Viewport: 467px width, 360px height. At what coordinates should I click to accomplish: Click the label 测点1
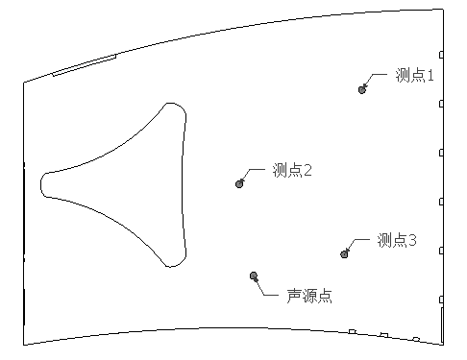[x=415, y=75]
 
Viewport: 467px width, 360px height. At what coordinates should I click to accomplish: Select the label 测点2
[x=292, y=170]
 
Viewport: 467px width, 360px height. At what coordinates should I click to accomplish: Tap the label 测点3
[x=396, y=240]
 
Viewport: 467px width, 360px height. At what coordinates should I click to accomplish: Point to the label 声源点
[x=309, y=296]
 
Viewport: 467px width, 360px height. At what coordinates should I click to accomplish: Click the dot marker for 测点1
[x=362, y=89]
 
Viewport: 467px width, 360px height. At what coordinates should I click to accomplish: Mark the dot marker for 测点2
[x=240, y=183]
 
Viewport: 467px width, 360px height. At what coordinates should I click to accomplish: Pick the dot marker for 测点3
[x=344, y=253]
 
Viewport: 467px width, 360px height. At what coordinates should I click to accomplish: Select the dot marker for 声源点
[x=254, y=276]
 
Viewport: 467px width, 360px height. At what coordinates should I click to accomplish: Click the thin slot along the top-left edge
[x=84, y=64]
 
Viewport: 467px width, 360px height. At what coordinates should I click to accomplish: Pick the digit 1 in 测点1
[x=431, y=75]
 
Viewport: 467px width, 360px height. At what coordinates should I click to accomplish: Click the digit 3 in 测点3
[x=411, y=240]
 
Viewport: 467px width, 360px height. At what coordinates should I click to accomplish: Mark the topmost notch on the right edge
[x=441, y=55]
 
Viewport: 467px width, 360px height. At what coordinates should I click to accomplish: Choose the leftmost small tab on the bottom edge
[x=352, y=331]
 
